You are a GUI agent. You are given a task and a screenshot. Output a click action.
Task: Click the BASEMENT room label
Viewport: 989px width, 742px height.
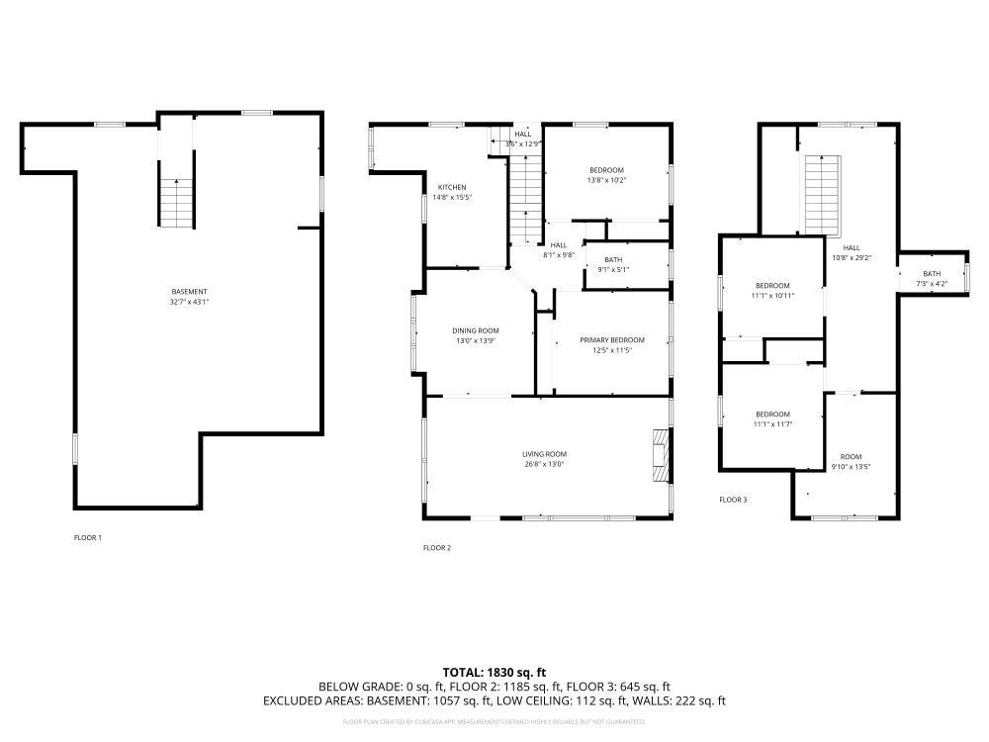[x=189, y=291]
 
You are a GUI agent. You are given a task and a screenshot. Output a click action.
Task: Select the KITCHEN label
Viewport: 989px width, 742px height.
[x=452, y=187]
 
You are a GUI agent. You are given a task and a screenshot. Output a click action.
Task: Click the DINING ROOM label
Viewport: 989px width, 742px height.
[x=476, y=330]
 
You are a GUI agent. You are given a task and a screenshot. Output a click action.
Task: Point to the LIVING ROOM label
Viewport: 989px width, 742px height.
[x=544, y=454]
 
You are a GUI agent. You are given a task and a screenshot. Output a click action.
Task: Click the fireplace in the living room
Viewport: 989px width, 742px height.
[x=660, y=455]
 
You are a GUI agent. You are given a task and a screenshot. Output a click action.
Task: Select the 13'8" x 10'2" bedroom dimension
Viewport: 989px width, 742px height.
[x=607, y=180]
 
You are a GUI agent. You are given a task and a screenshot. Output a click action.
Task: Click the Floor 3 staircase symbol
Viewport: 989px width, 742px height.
[x=820, y=193]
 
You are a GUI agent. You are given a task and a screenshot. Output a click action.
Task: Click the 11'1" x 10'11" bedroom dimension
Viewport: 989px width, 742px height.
[x=772, y=295]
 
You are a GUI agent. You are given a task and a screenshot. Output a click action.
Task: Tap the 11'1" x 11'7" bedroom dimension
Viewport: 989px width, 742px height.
[x=772, y=423]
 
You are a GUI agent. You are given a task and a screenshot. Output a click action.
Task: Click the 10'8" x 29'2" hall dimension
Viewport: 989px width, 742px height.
[x=852, y=257]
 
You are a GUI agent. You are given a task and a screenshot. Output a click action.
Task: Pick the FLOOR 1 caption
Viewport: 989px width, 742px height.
[x=88, y=537]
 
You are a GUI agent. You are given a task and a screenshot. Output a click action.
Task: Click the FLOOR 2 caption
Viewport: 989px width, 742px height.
[x=436, y=547]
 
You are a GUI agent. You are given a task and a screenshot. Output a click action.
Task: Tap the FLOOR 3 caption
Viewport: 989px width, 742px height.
[x=733, y=500]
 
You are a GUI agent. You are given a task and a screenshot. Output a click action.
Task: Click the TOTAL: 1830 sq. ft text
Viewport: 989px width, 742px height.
[x=494, y=672]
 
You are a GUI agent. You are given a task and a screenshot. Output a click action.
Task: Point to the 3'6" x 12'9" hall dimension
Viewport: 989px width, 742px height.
[x=522, y=144]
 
